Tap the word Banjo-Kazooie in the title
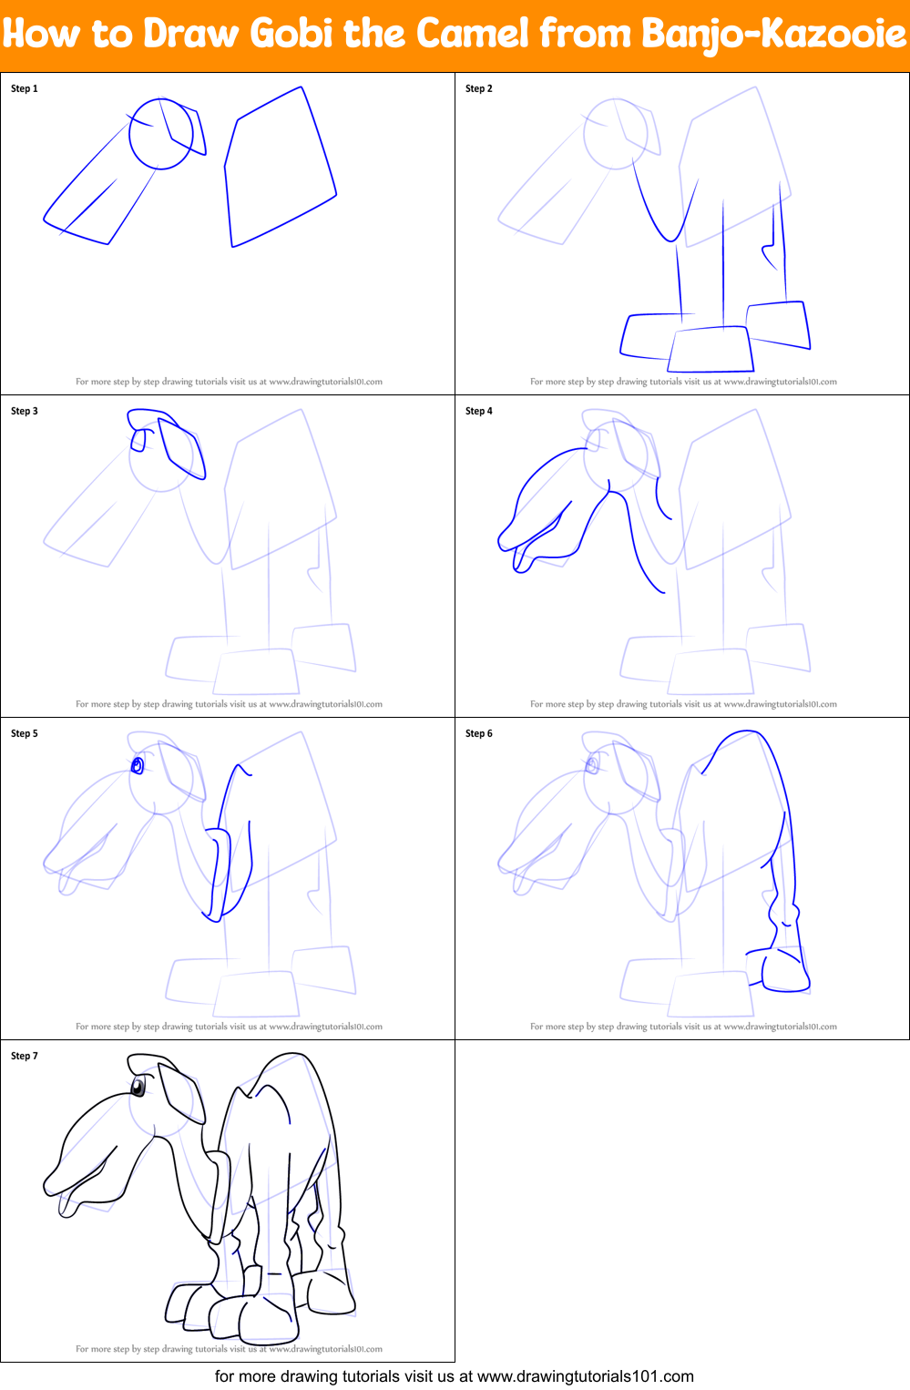(x=774, y=35)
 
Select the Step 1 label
(x=25, y=88)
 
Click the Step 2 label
(x=479, y=88)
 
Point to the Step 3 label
(x=25, y=411)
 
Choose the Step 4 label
(x=479, y=411)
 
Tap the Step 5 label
(x=25, y=733)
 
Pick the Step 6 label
(x=479, y=733)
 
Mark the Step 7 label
(x=25, y=1056)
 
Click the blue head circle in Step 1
(x=161, y=134)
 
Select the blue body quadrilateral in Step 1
(x=280, y=169)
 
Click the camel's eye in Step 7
(x=138, y=1086)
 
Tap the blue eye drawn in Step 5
(x=138, y=765)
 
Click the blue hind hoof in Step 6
(x=785, y=972)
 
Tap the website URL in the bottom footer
(x=586, y=1376)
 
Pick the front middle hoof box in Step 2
(x=711, y=350)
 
